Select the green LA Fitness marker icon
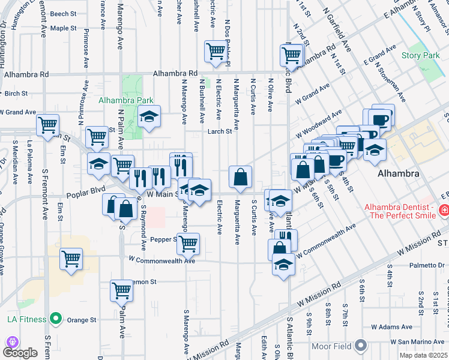coord(56,318)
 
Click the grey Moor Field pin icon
coord(360,346)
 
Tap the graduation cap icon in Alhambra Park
coord(149,116)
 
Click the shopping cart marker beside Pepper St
coord(188,243)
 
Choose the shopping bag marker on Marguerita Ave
coord(240,176)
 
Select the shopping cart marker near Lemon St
coord(122,290)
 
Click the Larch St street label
coord(220,131)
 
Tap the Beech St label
coord(63,13)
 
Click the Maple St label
coord(63,28)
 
